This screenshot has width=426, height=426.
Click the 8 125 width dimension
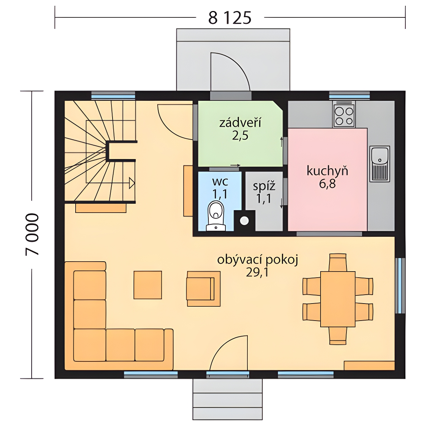tap(230, 18)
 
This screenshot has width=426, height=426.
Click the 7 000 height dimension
tap(32, 234)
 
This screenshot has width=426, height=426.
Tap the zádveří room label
tap(240, 123)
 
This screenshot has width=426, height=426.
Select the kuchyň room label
tap(327, 171)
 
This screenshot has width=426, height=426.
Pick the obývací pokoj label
tap(258, 260)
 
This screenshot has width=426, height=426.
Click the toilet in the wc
tap(215, 216)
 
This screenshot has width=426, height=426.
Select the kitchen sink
tap(379, 164)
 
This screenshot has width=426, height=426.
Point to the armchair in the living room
tap(204, 289)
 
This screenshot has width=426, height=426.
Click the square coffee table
tap(148, 285)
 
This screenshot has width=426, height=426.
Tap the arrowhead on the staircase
tap(132, 183)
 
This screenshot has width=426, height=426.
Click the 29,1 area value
tap(257, 273)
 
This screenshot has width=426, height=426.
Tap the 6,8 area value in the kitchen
tap(327, 184)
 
